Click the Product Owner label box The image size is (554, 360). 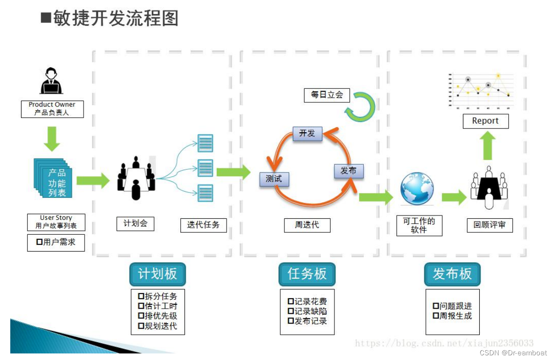coord(52,109)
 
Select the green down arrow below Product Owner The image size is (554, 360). coord(52,139)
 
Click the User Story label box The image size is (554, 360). coord(56,222)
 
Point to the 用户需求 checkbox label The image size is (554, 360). coord(56,243)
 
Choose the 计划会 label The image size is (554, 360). coord(135,223)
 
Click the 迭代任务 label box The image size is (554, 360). coord(204,225)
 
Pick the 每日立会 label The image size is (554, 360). coord(327,95)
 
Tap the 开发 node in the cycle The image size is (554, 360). coord(307,134)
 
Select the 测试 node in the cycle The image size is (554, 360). coord(274,179)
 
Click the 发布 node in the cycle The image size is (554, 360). coord(349,171)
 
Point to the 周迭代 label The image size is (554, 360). coord(307,225)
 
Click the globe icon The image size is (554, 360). coord(417,188)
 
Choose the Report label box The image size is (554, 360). coord(486,121)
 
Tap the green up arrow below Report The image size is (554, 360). coord(488,145)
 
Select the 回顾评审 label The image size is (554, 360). coord(490,225)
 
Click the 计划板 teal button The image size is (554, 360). coord(157,274)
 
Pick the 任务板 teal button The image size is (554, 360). coord(307,274)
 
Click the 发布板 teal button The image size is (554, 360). coord(452,274)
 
